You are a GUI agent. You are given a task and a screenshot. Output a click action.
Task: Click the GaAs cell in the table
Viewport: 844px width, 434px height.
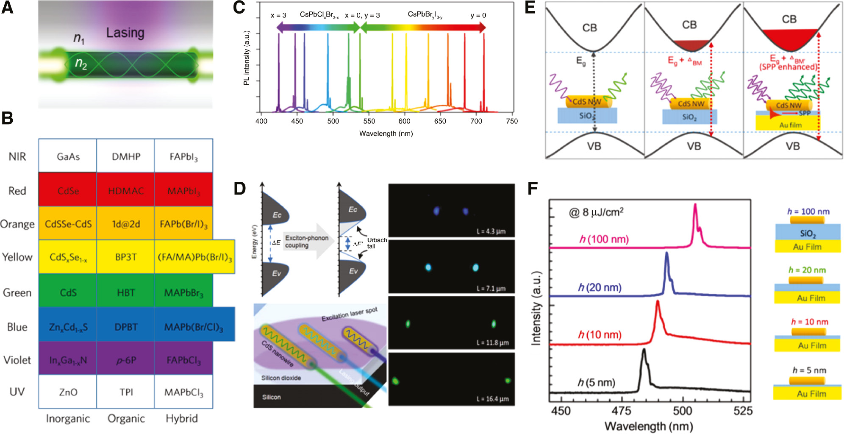pos(68,157)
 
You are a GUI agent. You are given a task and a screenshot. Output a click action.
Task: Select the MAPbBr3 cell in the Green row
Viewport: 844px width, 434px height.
pos(183,293)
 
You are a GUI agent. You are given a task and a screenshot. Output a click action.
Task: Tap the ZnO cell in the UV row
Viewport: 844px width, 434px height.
pos(68,392)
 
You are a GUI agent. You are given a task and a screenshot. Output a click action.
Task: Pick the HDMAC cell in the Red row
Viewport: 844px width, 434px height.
pos(126,191)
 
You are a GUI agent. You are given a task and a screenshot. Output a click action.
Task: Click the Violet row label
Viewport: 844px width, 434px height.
pos(17,360)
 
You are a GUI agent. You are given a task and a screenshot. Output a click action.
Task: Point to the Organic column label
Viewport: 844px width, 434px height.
pos(126,419)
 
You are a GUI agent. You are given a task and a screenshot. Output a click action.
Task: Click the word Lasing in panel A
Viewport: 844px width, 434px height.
pos(125,33)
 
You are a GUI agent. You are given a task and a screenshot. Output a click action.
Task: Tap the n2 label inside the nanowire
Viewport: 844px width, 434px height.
pos(81,64)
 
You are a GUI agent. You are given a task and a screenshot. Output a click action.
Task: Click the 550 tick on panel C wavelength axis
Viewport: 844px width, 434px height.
pos(369,121)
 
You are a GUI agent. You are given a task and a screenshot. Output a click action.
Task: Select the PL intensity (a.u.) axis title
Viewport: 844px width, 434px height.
pos(247,58)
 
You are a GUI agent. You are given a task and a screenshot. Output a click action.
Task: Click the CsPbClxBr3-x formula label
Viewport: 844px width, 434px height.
pos(319,15)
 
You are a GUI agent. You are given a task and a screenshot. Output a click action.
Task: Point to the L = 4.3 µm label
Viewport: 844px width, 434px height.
pos(491,231)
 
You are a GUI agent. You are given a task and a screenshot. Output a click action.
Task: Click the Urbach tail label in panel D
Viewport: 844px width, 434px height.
pos(377,243)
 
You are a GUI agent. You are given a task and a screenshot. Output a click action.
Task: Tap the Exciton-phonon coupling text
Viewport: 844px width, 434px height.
pos(306,242)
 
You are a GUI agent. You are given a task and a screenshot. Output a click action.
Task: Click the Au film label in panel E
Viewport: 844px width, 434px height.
pos(790,125)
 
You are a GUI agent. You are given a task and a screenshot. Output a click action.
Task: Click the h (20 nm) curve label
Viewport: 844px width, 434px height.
pos(600,288)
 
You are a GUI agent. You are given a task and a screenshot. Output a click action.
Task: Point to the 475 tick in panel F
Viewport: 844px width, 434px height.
pos(621,411)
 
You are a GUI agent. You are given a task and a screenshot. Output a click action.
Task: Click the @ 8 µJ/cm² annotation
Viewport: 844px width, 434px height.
pos(596,212)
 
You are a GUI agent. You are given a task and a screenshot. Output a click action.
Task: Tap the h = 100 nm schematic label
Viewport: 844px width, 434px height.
pos(808,211)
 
